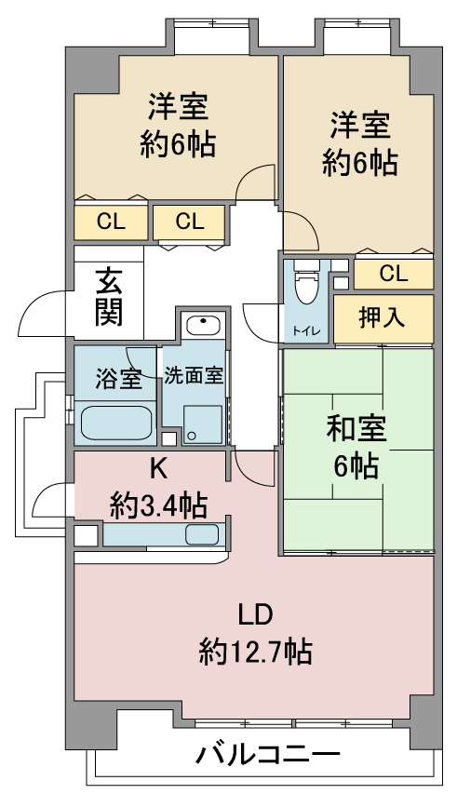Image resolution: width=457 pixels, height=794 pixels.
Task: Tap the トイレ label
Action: (305, 331)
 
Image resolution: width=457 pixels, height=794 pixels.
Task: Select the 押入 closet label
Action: (383, 317)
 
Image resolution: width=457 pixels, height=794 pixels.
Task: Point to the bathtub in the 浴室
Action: (117, 423)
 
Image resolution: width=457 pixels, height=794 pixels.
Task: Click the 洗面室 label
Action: (193, 376)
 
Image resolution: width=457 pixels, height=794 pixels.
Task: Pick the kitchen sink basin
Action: (202, 533)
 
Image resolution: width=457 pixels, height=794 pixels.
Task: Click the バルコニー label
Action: (268, 756)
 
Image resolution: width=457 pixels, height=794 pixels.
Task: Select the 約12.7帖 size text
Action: (255, 652)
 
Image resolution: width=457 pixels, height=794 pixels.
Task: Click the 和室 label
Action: (356, 428)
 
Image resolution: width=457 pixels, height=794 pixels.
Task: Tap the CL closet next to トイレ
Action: (393, 274)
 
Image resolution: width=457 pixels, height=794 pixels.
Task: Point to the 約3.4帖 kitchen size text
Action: (158, 505)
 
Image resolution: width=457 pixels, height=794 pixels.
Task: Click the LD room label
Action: (256, 614)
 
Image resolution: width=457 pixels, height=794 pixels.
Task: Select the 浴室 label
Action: (119, 378)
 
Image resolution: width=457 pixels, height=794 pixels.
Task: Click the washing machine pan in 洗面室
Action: (202, 424)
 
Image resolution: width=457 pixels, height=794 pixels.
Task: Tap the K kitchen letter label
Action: (158, 470)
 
